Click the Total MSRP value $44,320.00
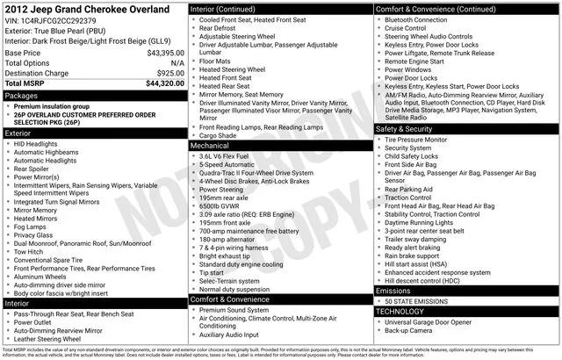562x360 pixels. [159, 84]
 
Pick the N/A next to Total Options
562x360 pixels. [177, 63]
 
